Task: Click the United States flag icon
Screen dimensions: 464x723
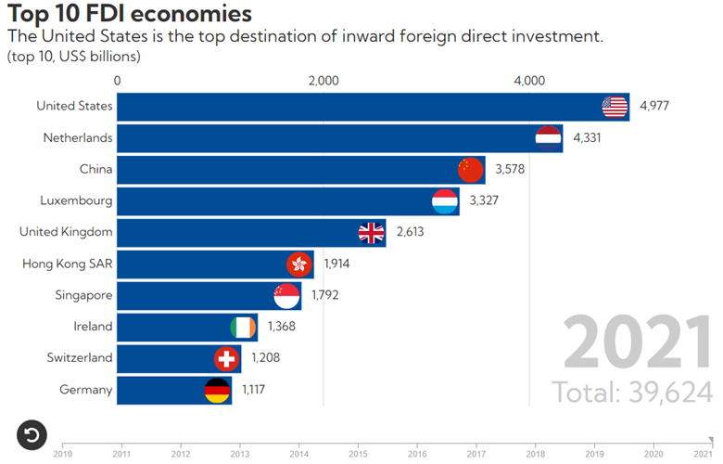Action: [615, 107]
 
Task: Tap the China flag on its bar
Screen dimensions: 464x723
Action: [471, 170]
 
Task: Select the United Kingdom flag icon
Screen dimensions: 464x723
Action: [372, 233]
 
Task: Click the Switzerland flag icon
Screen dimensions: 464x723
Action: [226, 359]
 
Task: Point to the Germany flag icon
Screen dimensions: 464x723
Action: [217, 391]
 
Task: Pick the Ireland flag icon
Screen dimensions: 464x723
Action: [243, 328]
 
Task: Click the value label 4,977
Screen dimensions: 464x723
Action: [654, 106]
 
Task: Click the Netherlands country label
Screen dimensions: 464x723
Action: [78, 137]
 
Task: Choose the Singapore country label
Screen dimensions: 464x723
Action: [83, 294]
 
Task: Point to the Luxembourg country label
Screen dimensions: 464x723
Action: [76, 200]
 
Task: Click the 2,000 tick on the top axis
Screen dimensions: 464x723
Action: [323, 81]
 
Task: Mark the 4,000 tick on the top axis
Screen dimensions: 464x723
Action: [528, 81]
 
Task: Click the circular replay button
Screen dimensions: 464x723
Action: [32, 433]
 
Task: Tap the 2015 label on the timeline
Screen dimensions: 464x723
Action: [358, 454]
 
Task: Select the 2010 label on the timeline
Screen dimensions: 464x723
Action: [63, 454]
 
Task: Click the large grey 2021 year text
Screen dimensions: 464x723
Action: [637, 343]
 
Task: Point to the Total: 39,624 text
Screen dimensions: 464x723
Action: [633, 391]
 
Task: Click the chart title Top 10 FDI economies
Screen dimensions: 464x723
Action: [128, 14]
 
